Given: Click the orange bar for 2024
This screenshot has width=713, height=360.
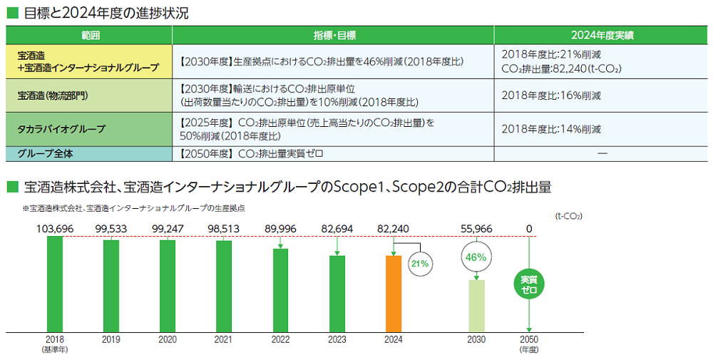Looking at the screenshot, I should (x=393, y=294).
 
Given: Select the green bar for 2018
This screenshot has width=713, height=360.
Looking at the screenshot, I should (x=55, y=284).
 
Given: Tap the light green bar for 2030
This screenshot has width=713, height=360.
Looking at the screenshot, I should (x=476, y=305).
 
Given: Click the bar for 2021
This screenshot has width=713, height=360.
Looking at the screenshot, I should (x=224, y=286).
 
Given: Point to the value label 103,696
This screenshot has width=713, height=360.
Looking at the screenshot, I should (x=55, y=228).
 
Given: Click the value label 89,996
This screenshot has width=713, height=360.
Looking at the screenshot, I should (x=280, y=228).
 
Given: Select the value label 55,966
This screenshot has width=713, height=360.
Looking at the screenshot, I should (x=476, y=228).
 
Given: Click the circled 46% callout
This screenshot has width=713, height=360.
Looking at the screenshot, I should (x=476, y=257).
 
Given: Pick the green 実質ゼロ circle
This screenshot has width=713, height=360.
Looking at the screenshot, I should (x=528, y=284).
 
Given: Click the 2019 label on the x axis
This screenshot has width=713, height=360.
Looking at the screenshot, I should (x=111, y=340).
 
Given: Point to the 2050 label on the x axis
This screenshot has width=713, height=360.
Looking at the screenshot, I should (x=528, y=340).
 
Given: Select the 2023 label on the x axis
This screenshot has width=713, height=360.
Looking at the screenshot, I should (x=337, y=340).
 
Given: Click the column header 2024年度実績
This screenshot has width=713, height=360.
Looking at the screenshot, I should (x=602, y=34).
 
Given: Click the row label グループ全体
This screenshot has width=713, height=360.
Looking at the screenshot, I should (x=48, y=153).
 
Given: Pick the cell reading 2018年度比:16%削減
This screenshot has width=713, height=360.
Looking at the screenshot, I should (x=551, y=95).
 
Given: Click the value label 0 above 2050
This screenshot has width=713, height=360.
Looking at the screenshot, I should (x=528, y=228).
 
